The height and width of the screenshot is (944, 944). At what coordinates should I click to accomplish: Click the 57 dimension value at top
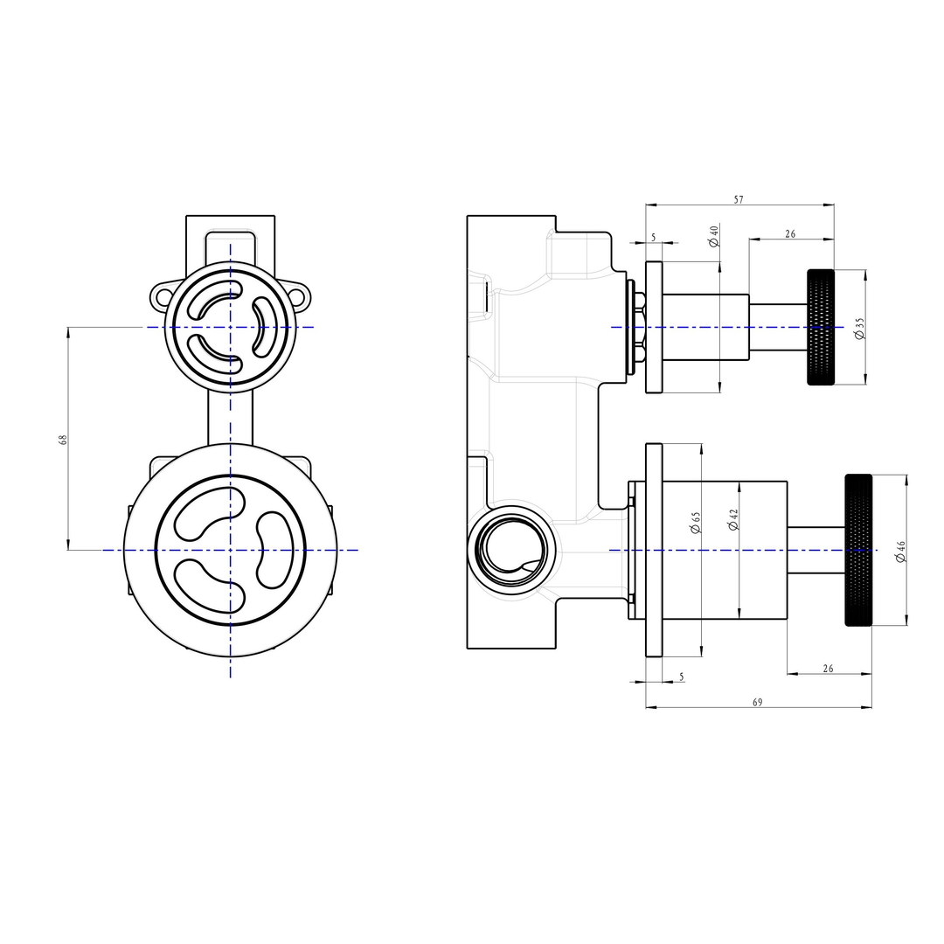pos(739,200)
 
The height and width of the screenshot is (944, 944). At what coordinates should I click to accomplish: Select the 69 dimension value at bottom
pos(757,702)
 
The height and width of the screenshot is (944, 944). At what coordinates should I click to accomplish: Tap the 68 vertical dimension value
pos(63,439)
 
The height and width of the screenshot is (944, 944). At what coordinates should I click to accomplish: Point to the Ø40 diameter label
pos(713,236)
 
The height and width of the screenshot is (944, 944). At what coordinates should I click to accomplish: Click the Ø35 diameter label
pos(859,329)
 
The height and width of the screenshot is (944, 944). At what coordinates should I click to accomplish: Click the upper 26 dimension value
pos(790,233)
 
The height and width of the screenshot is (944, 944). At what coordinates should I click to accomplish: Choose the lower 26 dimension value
pos(829,669)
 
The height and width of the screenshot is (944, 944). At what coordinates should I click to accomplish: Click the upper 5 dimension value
pos(653,238)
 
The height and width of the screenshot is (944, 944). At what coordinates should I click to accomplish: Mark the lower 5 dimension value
pos(682,677)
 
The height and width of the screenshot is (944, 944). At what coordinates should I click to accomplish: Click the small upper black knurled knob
pos(820,327)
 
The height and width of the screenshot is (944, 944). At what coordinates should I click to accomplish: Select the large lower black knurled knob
pos(858,550)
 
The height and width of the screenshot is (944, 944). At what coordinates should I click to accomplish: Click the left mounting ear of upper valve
pos(160,296)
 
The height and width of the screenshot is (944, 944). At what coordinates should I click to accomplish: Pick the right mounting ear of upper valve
pos(301,296)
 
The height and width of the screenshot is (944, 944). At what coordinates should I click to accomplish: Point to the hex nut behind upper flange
pos(640,327)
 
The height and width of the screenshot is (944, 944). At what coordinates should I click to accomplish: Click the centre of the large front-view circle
pos(231,550)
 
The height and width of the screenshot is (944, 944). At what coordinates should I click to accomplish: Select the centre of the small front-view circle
pos(231,327)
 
